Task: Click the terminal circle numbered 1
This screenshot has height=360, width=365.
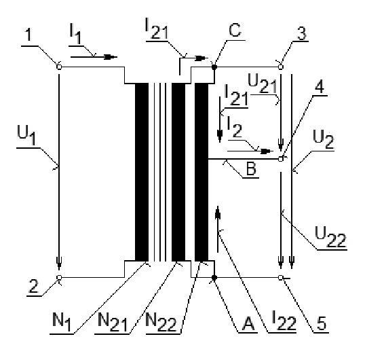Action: (59, 67)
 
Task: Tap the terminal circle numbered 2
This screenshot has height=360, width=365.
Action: (59, 278)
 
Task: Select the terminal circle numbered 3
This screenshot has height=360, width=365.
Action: (280, 67)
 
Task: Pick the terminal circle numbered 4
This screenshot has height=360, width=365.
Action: (280, 159)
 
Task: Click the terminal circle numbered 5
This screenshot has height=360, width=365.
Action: (280, 278)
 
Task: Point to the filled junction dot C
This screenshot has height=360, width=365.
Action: (214, 67)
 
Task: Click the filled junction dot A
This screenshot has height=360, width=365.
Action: (214, 278)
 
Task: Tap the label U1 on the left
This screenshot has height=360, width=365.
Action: (26, 135)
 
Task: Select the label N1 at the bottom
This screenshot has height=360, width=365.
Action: (62, 322)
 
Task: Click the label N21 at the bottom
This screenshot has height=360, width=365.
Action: (113, 322)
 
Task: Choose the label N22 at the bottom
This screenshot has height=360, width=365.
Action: (161, 322)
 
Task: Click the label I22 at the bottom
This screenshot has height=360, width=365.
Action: (284, 321)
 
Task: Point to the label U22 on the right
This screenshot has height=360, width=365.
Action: (330, 237)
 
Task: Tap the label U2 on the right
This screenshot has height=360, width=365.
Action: (324, 139)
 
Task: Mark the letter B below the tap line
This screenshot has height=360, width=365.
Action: (251, 168)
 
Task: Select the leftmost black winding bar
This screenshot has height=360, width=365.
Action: (142, 173)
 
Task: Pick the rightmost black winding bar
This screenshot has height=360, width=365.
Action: (201, 173)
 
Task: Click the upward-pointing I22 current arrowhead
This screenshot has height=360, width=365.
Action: (218, 212)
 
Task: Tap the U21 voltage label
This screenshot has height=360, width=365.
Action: (262, 84)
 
